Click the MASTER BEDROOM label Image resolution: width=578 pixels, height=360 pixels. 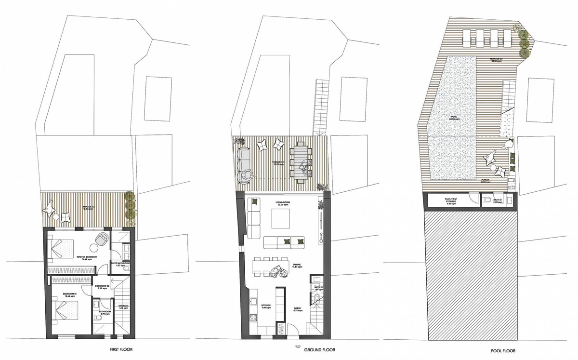[x=87, y=257]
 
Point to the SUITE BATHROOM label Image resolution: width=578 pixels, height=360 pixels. [x=120, y=264]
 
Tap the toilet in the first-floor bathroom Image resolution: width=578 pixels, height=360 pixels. [x=98, y=305]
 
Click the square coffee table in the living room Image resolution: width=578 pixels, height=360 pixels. [x=280, y=220]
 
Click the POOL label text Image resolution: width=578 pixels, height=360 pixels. [x=454, y=117]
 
